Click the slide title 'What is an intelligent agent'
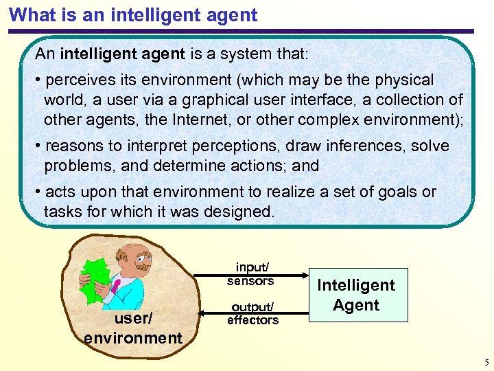[x=134, y=14]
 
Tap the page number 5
[x=486, y=363]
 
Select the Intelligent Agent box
[x=355, y=295]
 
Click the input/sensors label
[x=250, y=273]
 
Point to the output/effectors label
[x=252, y=313]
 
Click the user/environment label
[x=133, y=328]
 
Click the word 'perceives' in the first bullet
[x=80, y=80]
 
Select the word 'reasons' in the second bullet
[x=74, y=146]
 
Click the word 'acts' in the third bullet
[x=60, y=192]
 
